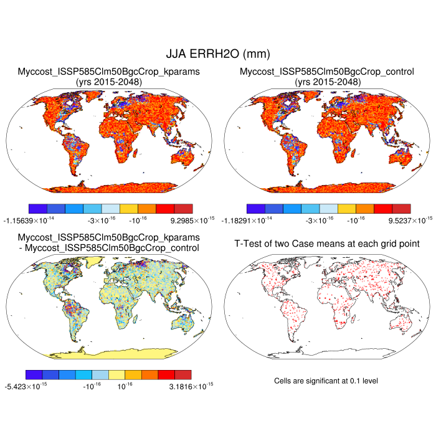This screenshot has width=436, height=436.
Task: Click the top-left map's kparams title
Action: tap(108, 77)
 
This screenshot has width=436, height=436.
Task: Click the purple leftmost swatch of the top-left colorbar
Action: tap(39, 209)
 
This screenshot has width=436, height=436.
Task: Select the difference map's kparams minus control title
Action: tap(108, 243)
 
